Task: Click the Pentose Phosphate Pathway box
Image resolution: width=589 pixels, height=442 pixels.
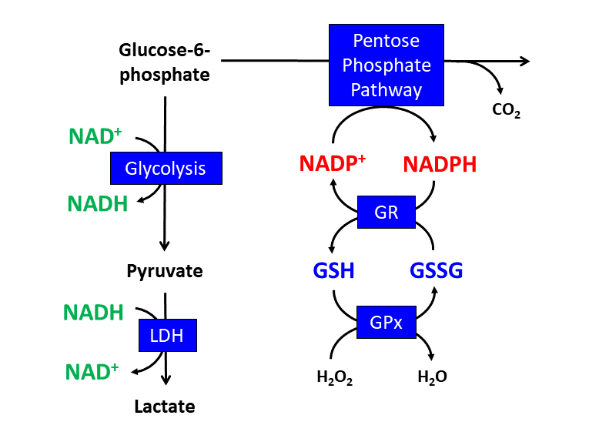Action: click(x=387, y=65)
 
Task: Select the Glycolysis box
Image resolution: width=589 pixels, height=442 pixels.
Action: click(x=166, y=168)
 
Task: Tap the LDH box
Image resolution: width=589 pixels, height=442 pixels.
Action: click(x=167, y=335)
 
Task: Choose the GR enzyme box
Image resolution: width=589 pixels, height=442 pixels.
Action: click(x=387, y=212)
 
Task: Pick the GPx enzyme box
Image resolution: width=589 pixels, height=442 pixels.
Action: click(x=387, y=322)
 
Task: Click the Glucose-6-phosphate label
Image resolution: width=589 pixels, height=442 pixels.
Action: click(x=165, y=63)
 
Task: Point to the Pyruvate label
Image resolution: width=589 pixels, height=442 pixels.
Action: click(x=165, y=271)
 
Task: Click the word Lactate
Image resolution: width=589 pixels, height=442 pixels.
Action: click(x=165, y=406)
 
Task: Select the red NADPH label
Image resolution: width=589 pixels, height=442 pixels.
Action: click(x=440, y=164)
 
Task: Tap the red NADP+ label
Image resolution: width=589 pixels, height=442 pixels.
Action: click(x=332, y=164)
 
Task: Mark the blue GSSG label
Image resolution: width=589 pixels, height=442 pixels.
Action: click(x=436, y=271)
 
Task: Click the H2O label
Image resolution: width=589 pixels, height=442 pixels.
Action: click(x=432, y=377)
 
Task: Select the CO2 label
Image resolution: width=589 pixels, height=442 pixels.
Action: click(x=506, y=110)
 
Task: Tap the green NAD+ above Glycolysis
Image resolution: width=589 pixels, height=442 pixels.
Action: click(x=95, y=136)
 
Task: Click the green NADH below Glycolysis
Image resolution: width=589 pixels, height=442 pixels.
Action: click(x=96, y=203)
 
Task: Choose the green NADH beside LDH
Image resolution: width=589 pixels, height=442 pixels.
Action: click(x=93, y=313)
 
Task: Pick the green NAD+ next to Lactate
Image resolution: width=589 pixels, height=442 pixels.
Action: click(x=92, y=371)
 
